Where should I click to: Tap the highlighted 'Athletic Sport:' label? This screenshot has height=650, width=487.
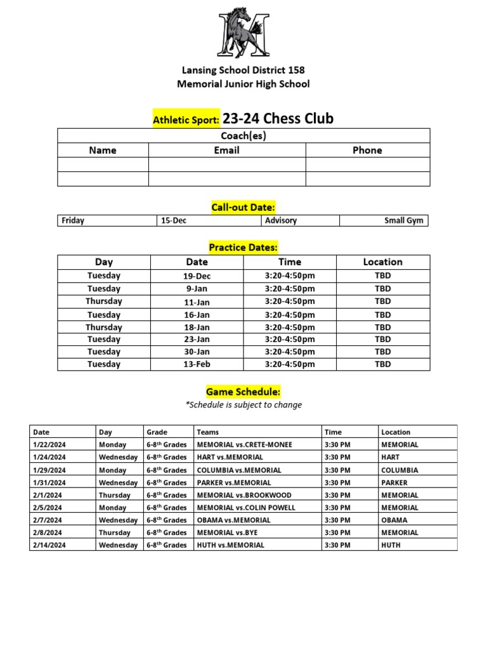point(186,119)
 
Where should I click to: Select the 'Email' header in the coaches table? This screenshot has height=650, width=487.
point(226,150)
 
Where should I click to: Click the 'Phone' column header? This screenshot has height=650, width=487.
point(367,150)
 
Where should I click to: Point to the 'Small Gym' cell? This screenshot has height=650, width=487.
point(404,221)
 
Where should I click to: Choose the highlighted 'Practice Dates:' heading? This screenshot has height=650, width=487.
point(243,247)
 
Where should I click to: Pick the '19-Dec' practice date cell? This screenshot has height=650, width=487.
point(197,276)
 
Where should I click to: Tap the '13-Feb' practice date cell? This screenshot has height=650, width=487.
point(197,364)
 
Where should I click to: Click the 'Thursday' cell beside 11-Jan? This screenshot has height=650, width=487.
point(104,302)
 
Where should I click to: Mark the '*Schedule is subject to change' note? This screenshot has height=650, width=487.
point(243,405)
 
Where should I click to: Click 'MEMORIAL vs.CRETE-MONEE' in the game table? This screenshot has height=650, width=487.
point(245,445)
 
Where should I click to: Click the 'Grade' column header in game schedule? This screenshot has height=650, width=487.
point(157,432)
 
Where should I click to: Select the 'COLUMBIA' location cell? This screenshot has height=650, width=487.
point(399,470)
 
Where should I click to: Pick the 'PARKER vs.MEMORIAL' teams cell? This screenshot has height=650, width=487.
point(234,482)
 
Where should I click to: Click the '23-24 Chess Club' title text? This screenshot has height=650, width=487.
point(278,119)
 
